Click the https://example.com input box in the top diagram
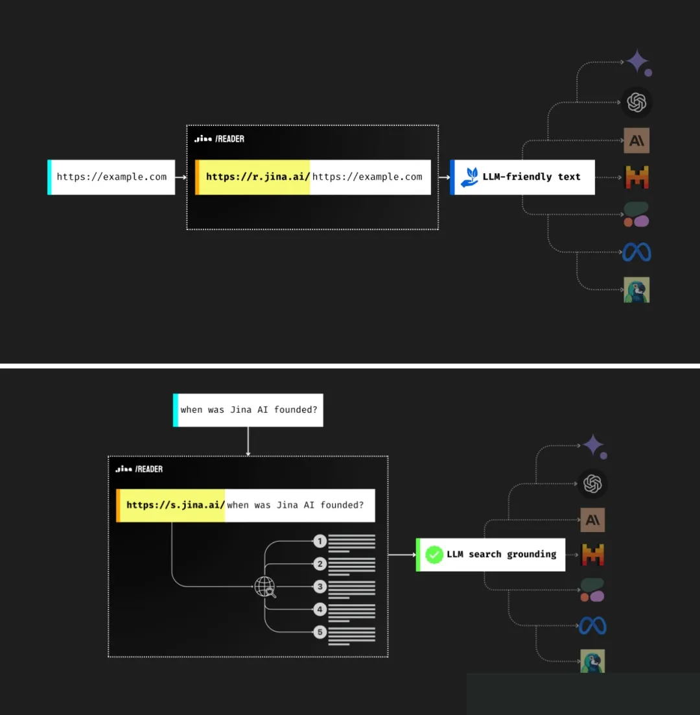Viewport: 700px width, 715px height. click(111, 177)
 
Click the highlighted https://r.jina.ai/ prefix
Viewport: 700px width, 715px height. click(253, 177)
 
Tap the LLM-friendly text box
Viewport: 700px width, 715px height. click(522, 177)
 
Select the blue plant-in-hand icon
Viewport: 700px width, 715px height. click(469, 177)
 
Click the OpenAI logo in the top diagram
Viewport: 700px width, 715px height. click(636, 102)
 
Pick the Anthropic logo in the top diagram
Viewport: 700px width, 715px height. click(636, 140)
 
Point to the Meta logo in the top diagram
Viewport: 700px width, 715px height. click(636, 252)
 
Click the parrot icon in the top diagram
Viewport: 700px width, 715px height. click(636, 289)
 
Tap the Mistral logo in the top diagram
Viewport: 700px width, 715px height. click(636, 177)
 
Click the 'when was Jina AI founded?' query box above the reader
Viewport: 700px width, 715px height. click(248, 410)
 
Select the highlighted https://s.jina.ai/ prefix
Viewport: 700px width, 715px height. click(171, 505)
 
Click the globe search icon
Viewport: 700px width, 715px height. click(265, 587)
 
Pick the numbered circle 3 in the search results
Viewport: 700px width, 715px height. click(320, 587)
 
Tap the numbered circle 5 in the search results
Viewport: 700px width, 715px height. click(320, 632)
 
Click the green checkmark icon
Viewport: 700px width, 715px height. click(434, 555)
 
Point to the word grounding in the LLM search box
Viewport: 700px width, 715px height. click(531, 555)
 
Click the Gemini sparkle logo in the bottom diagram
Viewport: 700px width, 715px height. click(594, 446)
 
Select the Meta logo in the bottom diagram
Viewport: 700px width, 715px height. click(592, 625)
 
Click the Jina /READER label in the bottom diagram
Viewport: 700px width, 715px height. click(139, 468)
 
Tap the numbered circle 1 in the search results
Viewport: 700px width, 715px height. click(320, 541)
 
